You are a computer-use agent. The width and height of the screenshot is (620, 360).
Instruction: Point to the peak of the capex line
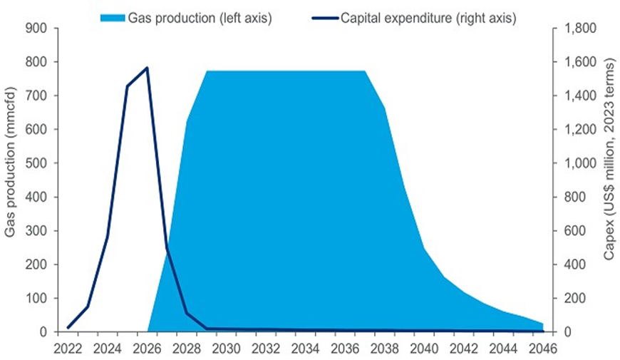[147, 68]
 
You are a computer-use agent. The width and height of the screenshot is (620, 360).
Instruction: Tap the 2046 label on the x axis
[543, 349]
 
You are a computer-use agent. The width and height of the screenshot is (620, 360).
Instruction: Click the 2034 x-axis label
[306, 349]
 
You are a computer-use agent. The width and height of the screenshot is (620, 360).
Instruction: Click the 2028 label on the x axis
[187, 349]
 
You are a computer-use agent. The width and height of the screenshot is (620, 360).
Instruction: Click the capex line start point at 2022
[68, 327]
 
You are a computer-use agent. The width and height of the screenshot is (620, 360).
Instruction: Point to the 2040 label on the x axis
[425, 349]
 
